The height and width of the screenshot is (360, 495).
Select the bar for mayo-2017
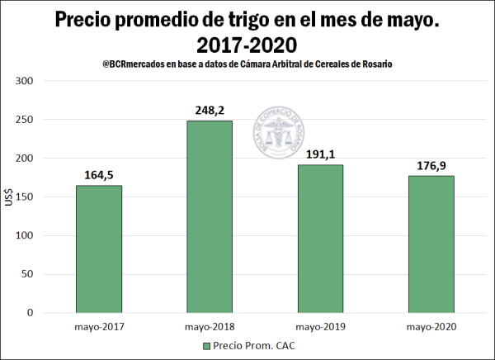tap(98, 249)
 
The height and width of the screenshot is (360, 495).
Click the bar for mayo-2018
tap(209, 216)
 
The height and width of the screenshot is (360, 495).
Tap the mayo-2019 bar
tap(319, 239)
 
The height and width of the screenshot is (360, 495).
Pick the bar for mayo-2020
tap(431, 244)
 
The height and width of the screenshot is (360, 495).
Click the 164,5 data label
tap(98, 174)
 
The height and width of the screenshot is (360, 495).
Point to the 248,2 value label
tap(209, 110)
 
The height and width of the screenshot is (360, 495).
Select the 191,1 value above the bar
tap(319, 154)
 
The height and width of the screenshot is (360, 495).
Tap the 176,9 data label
tap(431, 165)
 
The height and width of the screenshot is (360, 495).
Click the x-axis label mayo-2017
tap(98, 327)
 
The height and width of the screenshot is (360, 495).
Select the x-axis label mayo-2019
tap(319, 327)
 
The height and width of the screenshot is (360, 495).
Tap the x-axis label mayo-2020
tap(431, 327)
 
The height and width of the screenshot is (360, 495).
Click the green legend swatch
tap(205, 346)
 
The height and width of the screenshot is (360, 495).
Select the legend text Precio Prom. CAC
tap(253, 346)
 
